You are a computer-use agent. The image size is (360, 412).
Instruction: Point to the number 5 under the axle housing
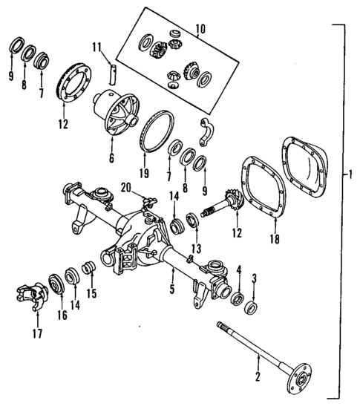pos(172,290)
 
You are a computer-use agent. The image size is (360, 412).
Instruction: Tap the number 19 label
pos(144,175)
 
